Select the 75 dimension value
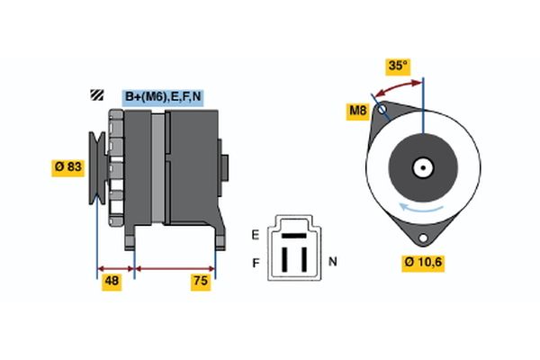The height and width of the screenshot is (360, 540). tap(200, 283)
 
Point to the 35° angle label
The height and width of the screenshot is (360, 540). tap(397, 66)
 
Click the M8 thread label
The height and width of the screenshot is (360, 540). tap(357, 112)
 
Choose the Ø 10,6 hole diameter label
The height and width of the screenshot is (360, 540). tap(424, 263)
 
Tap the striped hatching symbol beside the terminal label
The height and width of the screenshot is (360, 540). tap(95, 95)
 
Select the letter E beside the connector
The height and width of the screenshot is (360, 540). tap(255, 234)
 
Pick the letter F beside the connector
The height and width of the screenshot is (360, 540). tap(255, 262)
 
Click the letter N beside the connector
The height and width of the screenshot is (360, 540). tap(332, 262)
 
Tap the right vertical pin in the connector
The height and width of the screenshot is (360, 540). tap(303, 256)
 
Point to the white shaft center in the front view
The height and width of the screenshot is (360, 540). tap(421, 167)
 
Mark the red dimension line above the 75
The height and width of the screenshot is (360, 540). tap(175, 268)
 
